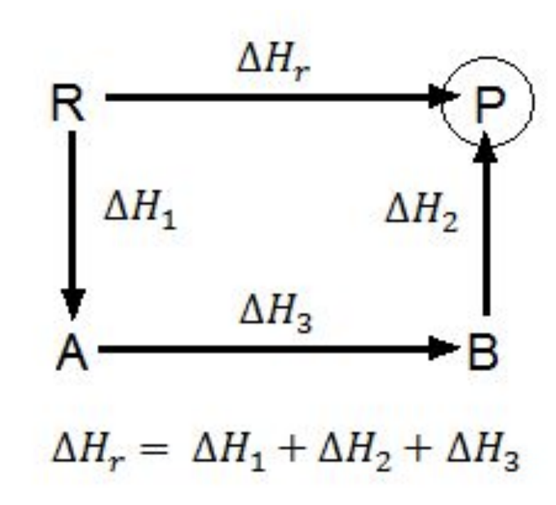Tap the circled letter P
tap(491, 104)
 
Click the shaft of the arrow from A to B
tap(270, 348)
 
